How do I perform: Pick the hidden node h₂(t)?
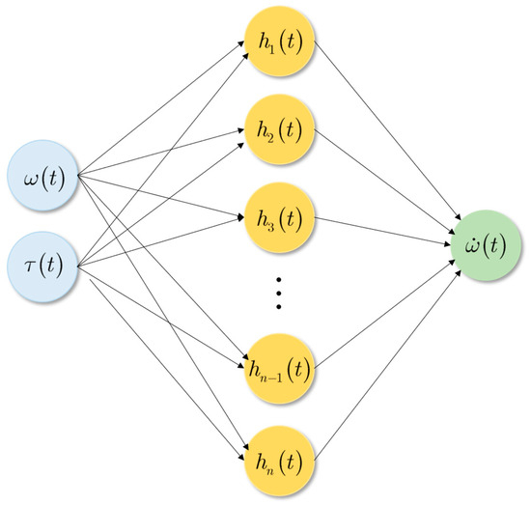(x=281, y=128)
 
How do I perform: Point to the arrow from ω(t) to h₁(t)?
(x=159, y=111)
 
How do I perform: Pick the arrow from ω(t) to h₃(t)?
(x=159, y=193)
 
